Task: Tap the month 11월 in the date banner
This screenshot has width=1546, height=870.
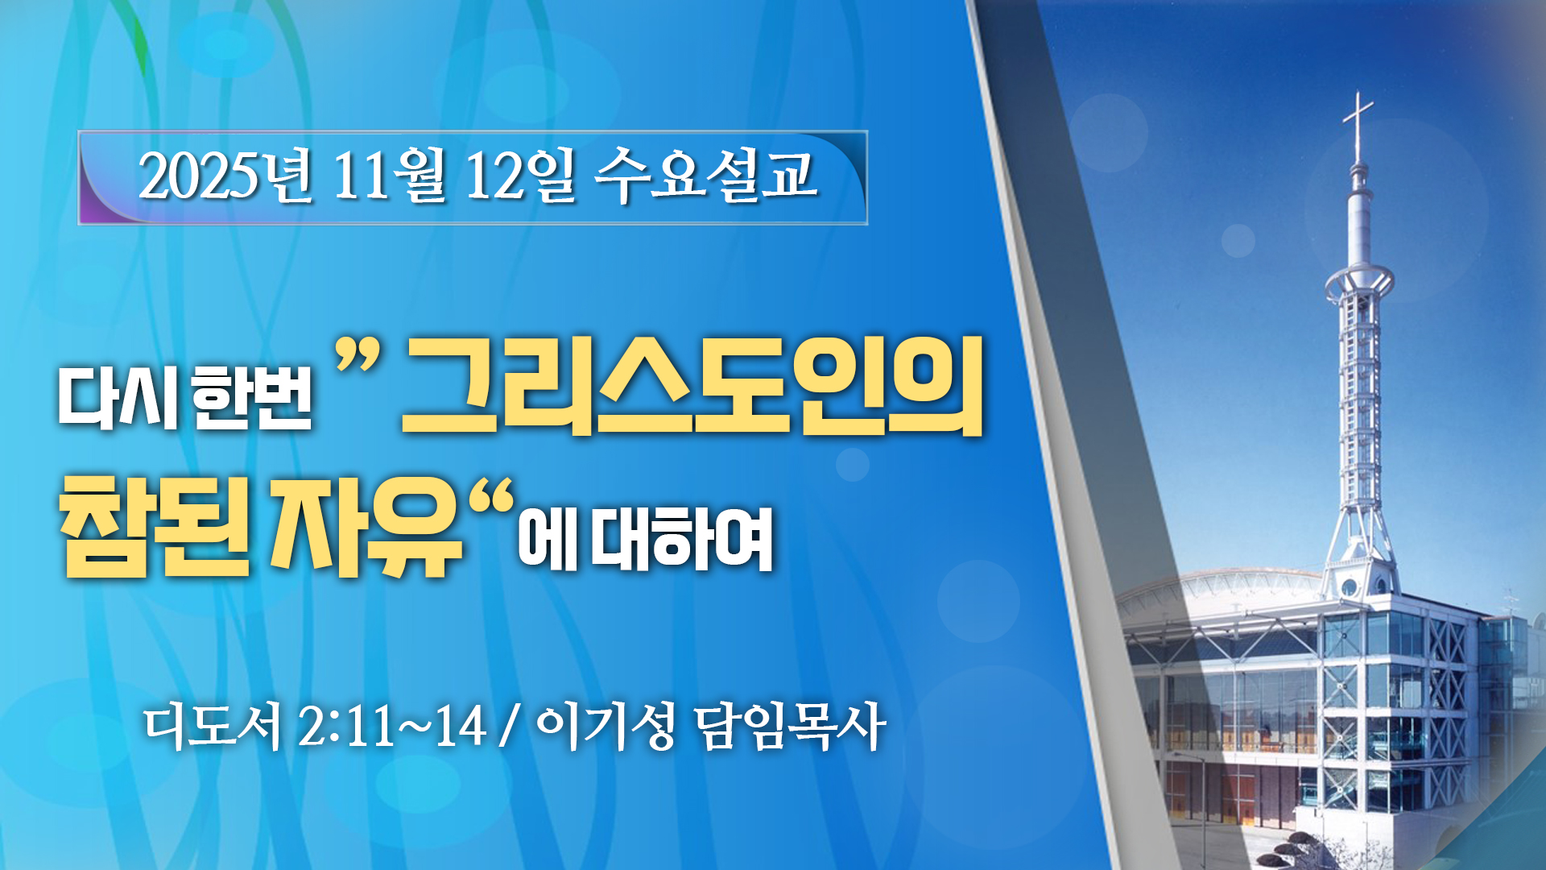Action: [x=389, y=175]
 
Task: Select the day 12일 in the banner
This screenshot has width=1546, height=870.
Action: [x=521, y=175]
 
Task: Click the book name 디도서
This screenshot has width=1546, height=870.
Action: [x=213, y=726]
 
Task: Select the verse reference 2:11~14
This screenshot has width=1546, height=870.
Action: [x=392, y=727]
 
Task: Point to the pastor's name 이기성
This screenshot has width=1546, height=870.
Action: [x=605, y=726]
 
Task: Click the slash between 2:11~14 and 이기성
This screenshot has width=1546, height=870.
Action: [x=506, y=727]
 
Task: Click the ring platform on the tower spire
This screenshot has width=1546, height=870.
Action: [x=1359, y=282]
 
